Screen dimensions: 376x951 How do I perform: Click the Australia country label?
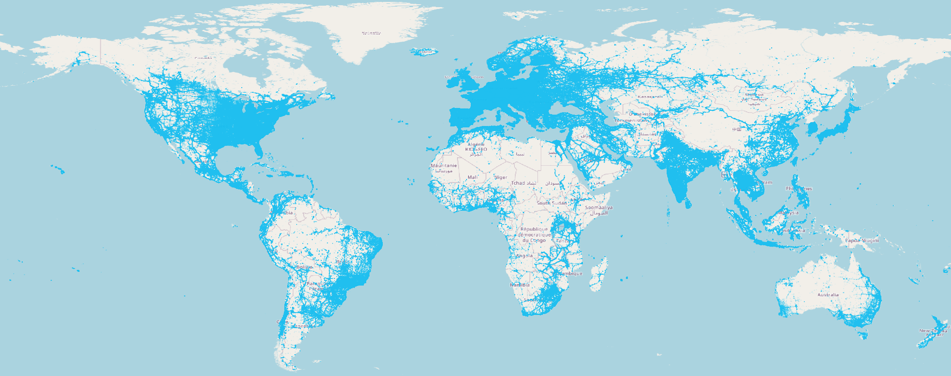(x=828, y=295)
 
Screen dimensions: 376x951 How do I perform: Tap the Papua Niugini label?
(x=862, y=241)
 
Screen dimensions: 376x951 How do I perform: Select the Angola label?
(x=524, y=256)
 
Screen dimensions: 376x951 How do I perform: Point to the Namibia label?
(x=520, y=285)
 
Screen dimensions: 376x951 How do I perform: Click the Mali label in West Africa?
(x=472, y=178)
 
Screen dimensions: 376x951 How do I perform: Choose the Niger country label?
(x=501, y=178)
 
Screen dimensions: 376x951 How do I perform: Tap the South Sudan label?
(x=552, y=203)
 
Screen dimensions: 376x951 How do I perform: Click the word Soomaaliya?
(x=599, y=207)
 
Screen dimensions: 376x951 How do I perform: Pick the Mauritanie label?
(x=444, y=166)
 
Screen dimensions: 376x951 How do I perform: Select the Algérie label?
(x=476, y=144)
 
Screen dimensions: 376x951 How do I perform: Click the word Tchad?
(x=518, y=183)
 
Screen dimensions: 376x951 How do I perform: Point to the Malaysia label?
(x=788, y=213)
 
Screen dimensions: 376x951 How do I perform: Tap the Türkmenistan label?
(x=631, y=120)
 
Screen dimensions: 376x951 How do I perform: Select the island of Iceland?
(x=424, y=52)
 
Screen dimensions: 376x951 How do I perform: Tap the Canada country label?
(x=203, y=58)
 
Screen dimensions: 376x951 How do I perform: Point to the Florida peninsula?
(x=258, y=151)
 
